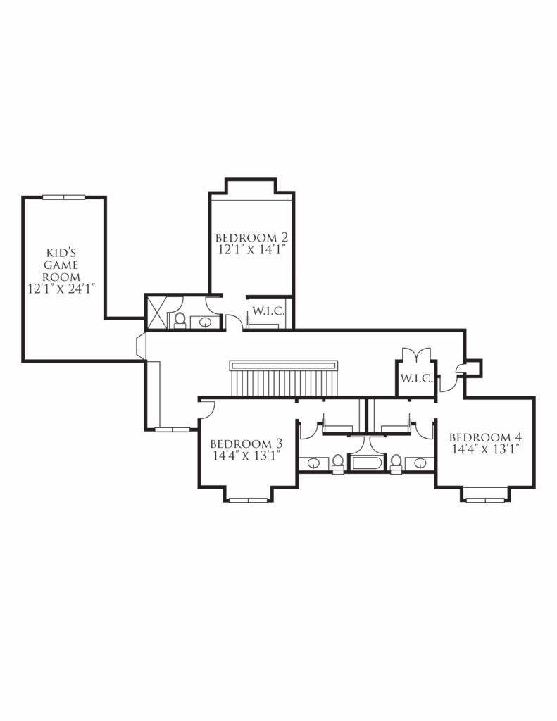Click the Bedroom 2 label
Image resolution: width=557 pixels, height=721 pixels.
pyautogui.click(x=251, y=238)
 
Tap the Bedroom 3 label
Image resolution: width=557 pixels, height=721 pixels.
pyautogui.click(x=246, y=444)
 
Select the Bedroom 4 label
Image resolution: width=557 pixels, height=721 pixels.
pyautogui.click(x=486, y=437)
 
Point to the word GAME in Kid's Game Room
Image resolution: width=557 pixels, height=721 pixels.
pyautogui.click(x=61, y=265)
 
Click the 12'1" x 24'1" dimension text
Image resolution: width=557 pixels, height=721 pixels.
pyautogui.click(x=61, y=289)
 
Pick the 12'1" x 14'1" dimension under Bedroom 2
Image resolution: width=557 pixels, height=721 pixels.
pyautogui.click(x=252, y=250)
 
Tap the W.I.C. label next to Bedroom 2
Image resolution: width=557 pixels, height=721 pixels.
pyautogui.click(x=268, y=311)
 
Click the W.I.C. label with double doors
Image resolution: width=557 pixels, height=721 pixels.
pyautogui.click(x=416, y=378)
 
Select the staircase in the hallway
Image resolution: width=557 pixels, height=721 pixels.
pyautogui.click(x=284, y=378)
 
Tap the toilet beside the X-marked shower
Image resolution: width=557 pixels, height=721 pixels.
pyautogui.click(x=180, y=320)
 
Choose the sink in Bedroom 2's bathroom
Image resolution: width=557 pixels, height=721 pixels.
pyautogui.click(x=205, y=322)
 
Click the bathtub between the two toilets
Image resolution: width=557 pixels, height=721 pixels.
pyautogui.click(x=367, y=463)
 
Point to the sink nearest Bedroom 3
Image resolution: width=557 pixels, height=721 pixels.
pyautogui.click(x=313, y=463)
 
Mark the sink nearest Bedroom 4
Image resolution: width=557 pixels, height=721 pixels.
pyautogui.click(x=420, y=463)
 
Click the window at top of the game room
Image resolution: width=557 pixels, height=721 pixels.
pyautogui.click(x=64, y=197)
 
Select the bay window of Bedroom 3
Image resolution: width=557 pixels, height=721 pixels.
pyautogui.click(x=249, y=500)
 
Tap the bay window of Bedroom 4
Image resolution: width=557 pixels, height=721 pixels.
pyautogui.click(x=485, y=500)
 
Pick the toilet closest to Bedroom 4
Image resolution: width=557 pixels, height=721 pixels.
pyautogui.click(x=396, y=463)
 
